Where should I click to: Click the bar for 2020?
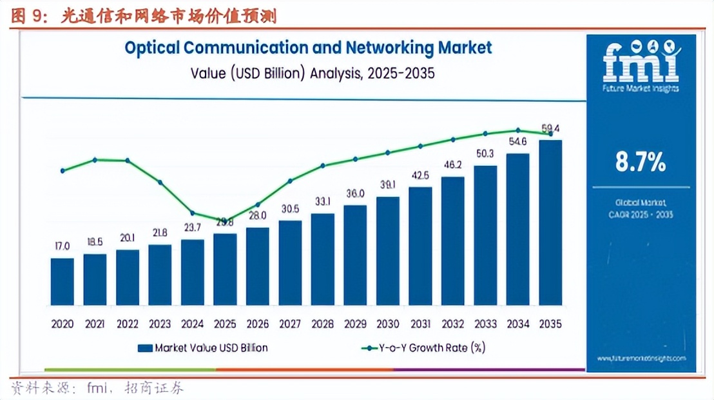tap(62, 281)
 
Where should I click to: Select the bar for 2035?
tap(550, 223)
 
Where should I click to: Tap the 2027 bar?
tap(290, 263)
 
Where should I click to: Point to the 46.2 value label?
tap(453, 165)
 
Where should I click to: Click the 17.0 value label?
tap(62, 246)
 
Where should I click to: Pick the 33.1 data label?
tap(323, 202)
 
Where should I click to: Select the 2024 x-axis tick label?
tap(192, 324)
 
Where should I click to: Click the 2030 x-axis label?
tap(388, 324)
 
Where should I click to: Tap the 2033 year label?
tap(485, 324)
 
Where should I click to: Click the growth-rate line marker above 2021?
tap(95, 159)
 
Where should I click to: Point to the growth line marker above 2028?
tap(323, 165)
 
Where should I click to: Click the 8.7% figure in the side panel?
tap(640, 163)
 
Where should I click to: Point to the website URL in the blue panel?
tap(641, 358)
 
